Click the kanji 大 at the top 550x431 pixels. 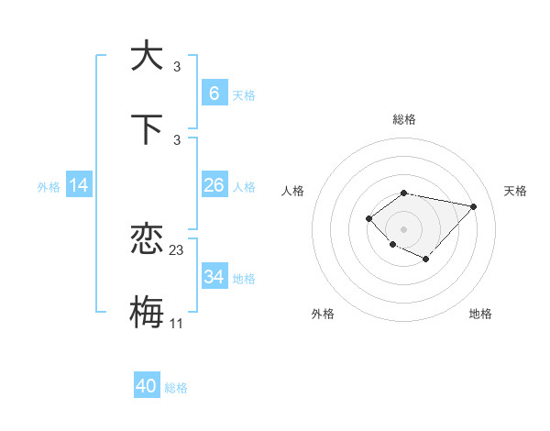(147, 55)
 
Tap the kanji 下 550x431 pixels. (147, 129)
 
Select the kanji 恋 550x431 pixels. (147, 240)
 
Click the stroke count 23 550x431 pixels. (177, 249)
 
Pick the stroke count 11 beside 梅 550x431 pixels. (177, 324)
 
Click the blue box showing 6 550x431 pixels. (214, 94)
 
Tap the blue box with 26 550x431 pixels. (214, 185)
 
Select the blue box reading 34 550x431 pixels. (214, 277)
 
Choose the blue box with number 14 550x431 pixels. (79, 185)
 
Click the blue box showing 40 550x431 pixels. (147, 386)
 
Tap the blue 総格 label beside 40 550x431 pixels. (176, 388)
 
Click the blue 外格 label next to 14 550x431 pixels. (49, 187)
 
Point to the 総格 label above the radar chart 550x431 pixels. (403, 120)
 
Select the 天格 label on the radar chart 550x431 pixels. (515, 191)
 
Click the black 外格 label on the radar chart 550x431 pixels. (323, 314)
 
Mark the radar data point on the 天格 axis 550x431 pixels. (473, 206)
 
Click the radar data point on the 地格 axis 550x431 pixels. (426, 260)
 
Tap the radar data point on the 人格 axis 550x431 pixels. (368, 217)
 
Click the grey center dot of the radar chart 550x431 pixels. (403, 228)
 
